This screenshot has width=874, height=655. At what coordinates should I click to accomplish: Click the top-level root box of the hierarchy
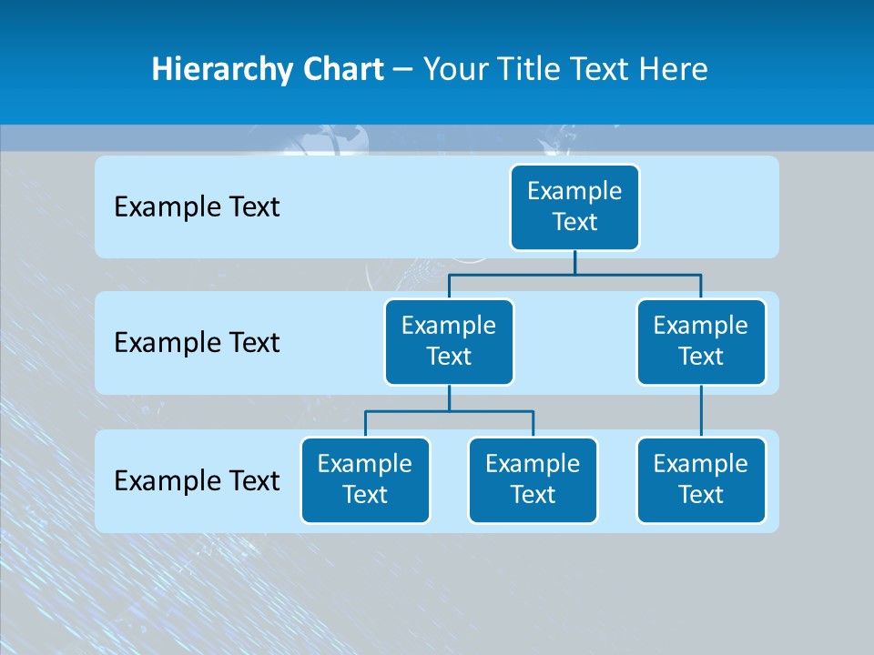(x=574, y=207)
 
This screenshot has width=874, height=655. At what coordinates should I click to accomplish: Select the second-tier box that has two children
(x=449, y=342)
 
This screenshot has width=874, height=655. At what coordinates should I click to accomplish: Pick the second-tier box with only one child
(x=701, y=342)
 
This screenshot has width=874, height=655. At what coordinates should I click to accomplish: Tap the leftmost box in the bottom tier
(x=365, y=480)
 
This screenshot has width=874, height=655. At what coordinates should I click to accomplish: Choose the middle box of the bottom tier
(x=533, y=480)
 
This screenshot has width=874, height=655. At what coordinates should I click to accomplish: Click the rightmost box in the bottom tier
(x=701, y=480)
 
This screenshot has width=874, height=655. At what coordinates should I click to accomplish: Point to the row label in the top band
(x=197, y=207)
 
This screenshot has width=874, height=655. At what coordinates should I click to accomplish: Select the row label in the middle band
(x=197, y=343)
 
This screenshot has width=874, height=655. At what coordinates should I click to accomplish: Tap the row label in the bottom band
(x=197, y=480)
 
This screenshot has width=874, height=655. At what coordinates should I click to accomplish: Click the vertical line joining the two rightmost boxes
(x=701, y=411)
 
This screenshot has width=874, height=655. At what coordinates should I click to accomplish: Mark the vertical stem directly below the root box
(x=574, y=262)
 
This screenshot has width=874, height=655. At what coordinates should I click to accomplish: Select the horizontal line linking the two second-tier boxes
(x=574, y=273)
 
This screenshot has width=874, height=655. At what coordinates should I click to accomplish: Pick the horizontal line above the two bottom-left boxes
(x=449, y=411)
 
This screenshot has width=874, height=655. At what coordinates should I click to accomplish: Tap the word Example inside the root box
(x=574, y=191)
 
